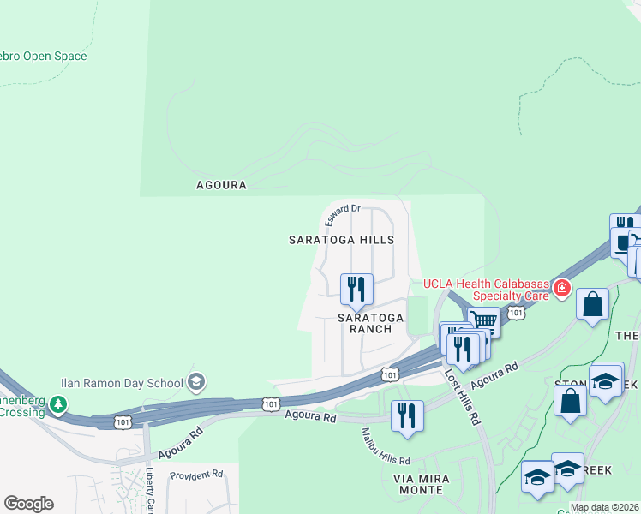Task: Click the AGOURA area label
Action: point(221,185)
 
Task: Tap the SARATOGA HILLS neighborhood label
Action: point(341,240)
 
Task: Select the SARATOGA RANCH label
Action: point(370,323)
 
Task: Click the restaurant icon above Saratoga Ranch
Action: point(356,289)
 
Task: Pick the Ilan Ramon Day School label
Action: point(122,383)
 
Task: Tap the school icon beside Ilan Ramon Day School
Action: point(195,382)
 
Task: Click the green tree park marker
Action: point(57,403)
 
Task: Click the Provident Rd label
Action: point(196,474)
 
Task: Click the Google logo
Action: point(28,504)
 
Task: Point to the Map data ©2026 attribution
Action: point(605,507)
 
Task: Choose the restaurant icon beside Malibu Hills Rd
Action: point(406,415)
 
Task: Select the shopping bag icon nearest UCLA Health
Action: point(592,303)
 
